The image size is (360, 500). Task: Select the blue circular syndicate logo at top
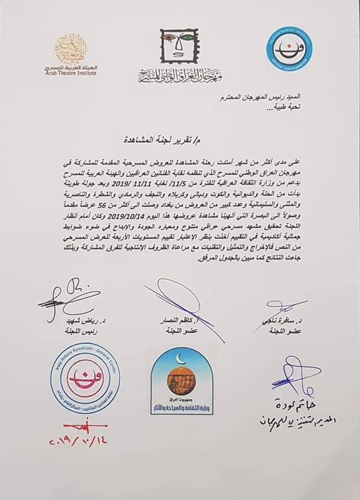pos(289,50)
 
